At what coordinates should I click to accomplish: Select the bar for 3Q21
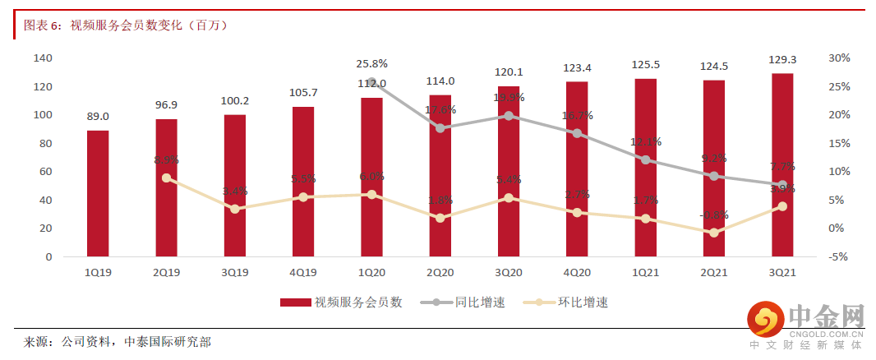[x=782, y=164]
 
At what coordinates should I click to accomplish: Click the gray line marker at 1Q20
[x=372, y=82]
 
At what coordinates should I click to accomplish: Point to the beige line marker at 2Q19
[x=167, y=178]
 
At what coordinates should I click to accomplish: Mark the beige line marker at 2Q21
[x=714, y=233]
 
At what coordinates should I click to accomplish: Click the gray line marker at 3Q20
[x=509, y=116]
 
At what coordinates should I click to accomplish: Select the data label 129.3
[x=782, y=60]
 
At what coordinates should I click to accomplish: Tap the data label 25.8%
[x=372, y=63]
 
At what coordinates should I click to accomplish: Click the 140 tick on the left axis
[x=43, y=58]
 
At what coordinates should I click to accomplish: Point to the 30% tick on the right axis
[x=839, y=58]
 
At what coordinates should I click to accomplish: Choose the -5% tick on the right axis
[x=838, y=256]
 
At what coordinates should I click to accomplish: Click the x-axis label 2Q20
[x=440, y=272]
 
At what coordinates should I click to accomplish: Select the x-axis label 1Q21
[x=646, y=272]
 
